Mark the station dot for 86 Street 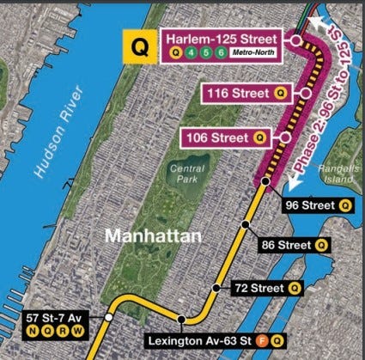[x=246, y=224]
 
